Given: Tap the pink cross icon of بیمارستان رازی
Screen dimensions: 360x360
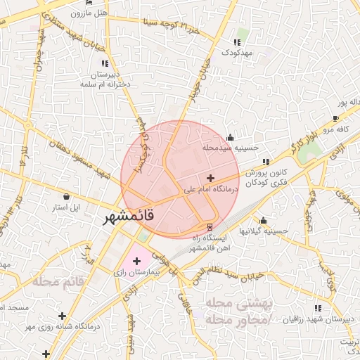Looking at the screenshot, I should (x=136, y=262).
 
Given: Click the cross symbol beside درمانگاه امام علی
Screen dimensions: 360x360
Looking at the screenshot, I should (x=210, y=178).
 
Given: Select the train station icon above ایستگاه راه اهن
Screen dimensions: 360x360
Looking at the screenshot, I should (x=210, y=226).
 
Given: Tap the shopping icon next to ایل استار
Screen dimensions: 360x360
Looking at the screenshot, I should (x=66, y=197).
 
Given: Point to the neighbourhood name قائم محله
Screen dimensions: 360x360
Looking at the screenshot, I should (x=57, y=281).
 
